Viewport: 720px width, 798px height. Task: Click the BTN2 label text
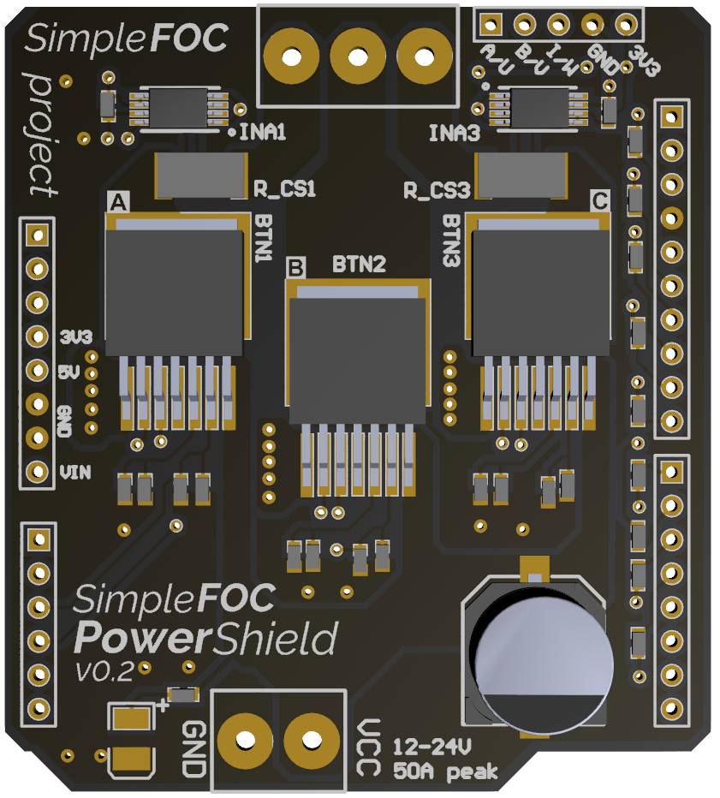pyautogui.click(x=359, y=264)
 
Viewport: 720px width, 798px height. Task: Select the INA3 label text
pyautogui.click(x=454, y=133)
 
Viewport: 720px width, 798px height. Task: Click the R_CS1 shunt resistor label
pyautogui.click(x=285, y=189)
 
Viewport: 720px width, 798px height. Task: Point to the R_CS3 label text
pyautogui.click(x=437, y=189)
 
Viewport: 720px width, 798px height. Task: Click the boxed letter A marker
pyautogui.click(x=118, y=201)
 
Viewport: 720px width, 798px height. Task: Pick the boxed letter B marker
pyautogui.click(x=296, y=268)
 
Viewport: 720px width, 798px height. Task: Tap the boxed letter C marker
pyautogui.click(x=600, y=201)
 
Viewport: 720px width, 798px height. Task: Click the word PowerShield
pyautogui.click(x=205, y=639)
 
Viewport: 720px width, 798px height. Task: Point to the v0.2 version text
pyautogui.click(x=104, y=672)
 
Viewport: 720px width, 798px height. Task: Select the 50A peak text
pyautogui.click(x=445, y=771)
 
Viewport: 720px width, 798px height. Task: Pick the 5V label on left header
pyautogui.click(x=69, y=372)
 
